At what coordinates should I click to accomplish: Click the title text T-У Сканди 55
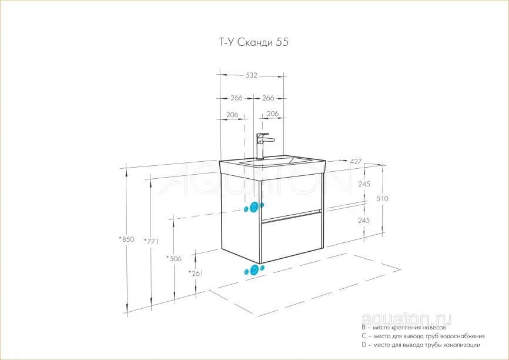coord(249,42)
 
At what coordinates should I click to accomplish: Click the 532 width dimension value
coord(251,75)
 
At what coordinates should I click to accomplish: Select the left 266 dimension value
coord(236,98)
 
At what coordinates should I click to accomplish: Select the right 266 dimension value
coord(268,98)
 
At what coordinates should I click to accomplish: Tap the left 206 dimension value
coord(232,115)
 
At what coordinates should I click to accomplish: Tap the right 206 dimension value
coord(272,114)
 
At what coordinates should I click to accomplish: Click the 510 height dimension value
coord(382,199)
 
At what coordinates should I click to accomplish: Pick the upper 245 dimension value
coord(363,184)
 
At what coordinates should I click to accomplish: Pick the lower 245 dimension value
coord(363,220)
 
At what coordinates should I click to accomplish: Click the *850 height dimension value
coord(126,239)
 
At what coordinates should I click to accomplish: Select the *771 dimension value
coord(151,242)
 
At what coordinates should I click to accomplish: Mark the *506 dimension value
coord(173,258)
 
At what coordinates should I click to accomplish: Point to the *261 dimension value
coord(196,274)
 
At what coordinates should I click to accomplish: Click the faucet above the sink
coord(263,144)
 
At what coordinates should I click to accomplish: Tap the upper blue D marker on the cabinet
coord(254,207)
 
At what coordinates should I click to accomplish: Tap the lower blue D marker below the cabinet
coord(254,270)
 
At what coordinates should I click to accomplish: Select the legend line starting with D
coord(421,345)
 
